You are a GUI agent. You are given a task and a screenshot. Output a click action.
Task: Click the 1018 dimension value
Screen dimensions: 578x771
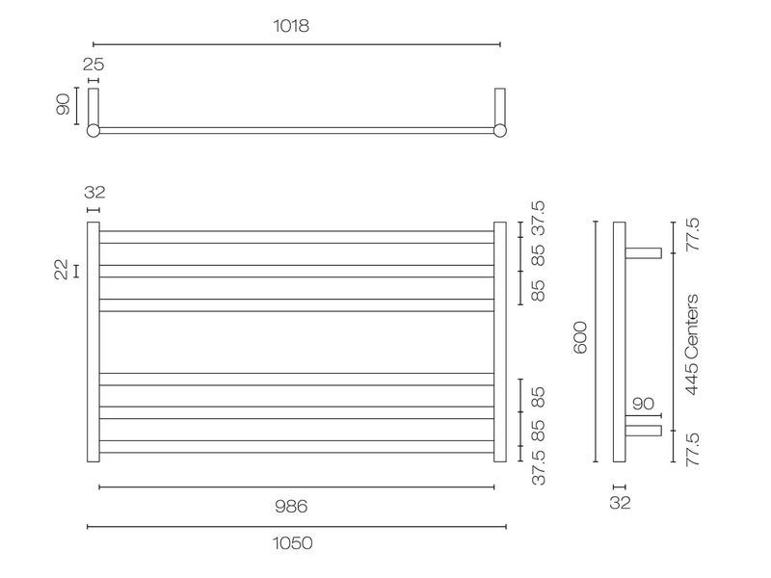pos(291,26)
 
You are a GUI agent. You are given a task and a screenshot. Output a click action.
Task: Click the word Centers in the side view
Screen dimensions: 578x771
pos(691,328)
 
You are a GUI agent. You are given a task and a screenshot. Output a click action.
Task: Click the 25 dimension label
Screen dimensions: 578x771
pos(93,65)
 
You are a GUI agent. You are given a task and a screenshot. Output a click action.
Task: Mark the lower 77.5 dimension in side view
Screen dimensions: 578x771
pos(691,448)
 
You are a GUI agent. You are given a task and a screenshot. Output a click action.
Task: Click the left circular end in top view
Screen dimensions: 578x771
pos(93,131)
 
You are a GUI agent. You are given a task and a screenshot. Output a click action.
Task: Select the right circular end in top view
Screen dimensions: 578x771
pos(499,131)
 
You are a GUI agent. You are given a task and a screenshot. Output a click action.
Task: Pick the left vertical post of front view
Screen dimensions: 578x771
pos(93,342)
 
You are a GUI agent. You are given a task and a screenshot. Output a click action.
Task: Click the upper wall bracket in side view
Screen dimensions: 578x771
pos(644,253)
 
